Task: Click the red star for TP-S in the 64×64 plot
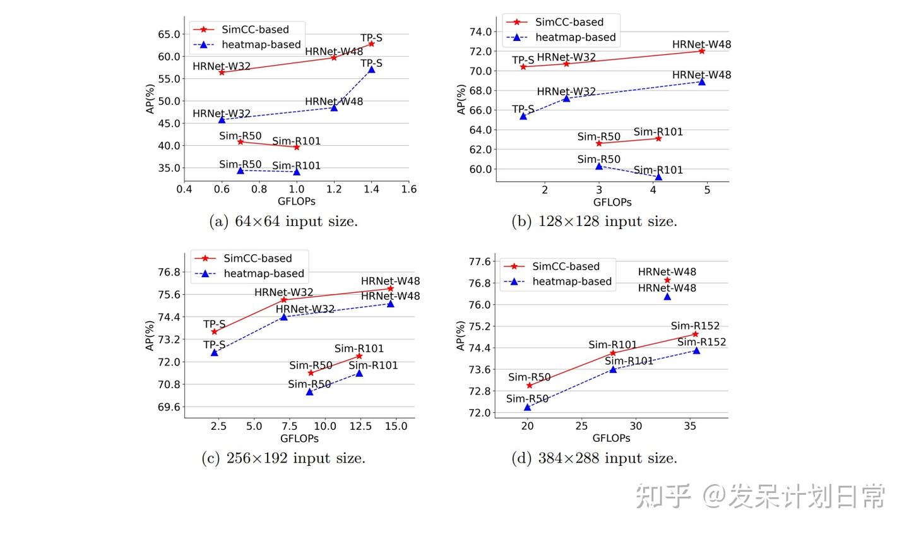[x=371, y=44]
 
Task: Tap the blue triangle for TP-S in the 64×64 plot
[x=371, y=69]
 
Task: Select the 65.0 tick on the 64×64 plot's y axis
[x=169, y=34]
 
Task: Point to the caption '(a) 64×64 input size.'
[x=283, y=222]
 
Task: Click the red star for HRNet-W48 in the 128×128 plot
[x=701, y=51]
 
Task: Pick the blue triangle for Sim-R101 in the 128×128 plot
[x=658, y=177]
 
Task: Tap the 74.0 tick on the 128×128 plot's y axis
[x=480, y=32]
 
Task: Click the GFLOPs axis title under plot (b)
[x=612, y=202]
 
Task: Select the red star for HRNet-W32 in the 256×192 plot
[x=284, y=300]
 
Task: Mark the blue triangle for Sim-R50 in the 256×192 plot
[x=310, y=392]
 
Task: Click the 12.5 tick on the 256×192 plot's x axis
[x=360, y=426]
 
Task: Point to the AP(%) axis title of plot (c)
[x=150, y=335]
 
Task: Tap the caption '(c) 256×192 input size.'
[x=283, y=458]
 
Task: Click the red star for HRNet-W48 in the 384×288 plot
[x=667, y=280]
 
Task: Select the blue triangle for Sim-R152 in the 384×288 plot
[x=696, y=350]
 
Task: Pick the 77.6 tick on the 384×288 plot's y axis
[x=479, y=261]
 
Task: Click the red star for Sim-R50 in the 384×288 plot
[x=529, y=385]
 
